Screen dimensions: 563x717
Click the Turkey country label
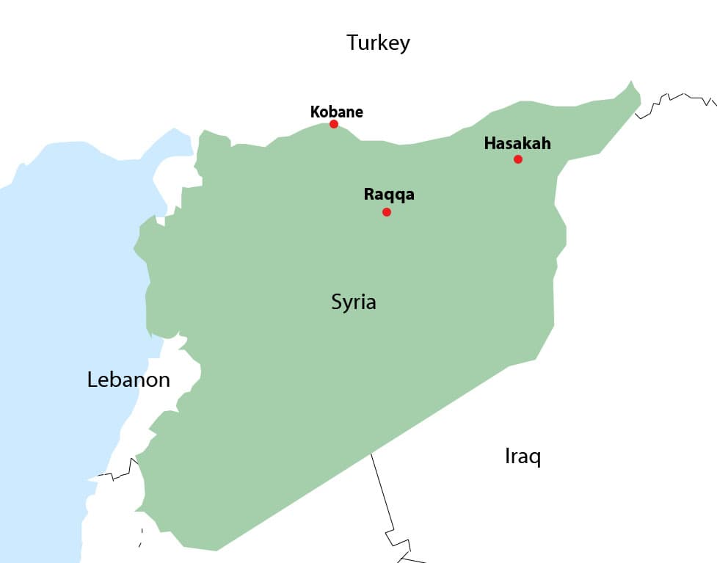pyautogui.click(x=378, y=43)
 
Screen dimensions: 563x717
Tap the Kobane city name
pyautogui.click(x=336, y=112)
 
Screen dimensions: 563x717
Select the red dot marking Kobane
pyautogui.click(x=334, y=124)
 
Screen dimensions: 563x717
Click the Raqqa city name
pyautogui.click(x=389, y=195)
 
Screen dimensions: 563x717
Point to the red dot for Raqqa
pyautogui.click(x=387, y=212)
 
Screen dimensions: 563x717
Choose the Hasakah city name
pyautogui.click(x=517, y=143)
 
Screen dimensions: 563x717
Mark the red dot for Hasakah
pyautogui.click(x=518, y=159)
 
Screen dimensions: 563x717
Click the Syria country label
pyautogui.click(x=353, y=302)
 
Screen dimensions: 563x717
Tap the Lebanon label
pyautogui.click(x=128, y=379)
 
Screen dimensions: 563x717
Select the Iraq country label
pyautogui.click(x=523, y=456)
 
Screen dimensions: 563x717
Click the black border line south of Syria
pyautogui.click(x=382, y=492)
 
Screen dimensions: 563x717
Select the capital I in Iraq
pyautogui.click(x=507, y=456)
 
